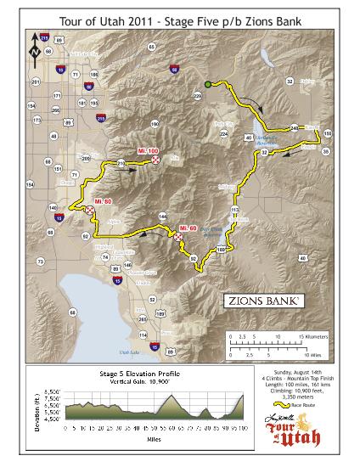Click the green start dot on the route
coord(207,83)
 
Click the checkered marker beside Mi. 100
coord(155,159)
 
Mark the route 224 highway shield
coord(224,134)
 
